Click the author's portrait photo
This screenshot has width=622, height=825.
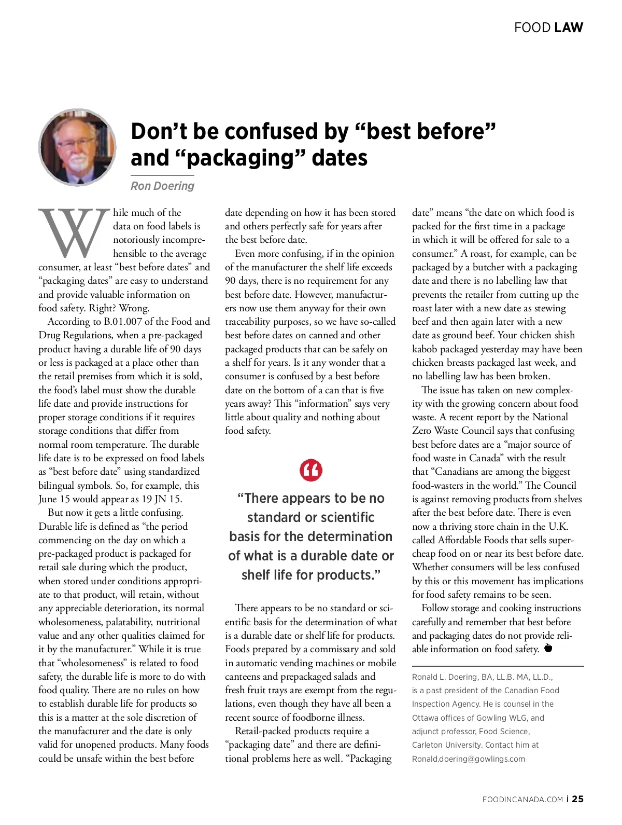click(77, 147)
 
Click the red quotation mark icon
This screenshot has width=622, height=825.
click(311, 470)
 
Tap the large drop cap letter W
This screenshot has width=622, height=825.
click(74, 233)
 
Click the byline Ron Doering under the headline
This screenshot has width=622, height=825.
click(162, 186)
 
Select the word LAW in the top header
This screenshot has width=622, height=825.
click(569, 27)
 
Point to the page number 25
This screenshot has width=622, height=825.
click(578, 799)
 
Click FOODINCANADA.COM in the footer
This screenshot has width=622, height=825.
click(522, 800)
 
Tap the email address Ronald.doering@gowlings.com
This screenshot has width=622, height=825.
click(469, 759)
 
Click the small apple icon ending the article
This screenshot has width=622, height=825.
click(548, 649)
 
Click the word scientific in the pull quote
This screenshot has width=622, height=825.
click(337, 517)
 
